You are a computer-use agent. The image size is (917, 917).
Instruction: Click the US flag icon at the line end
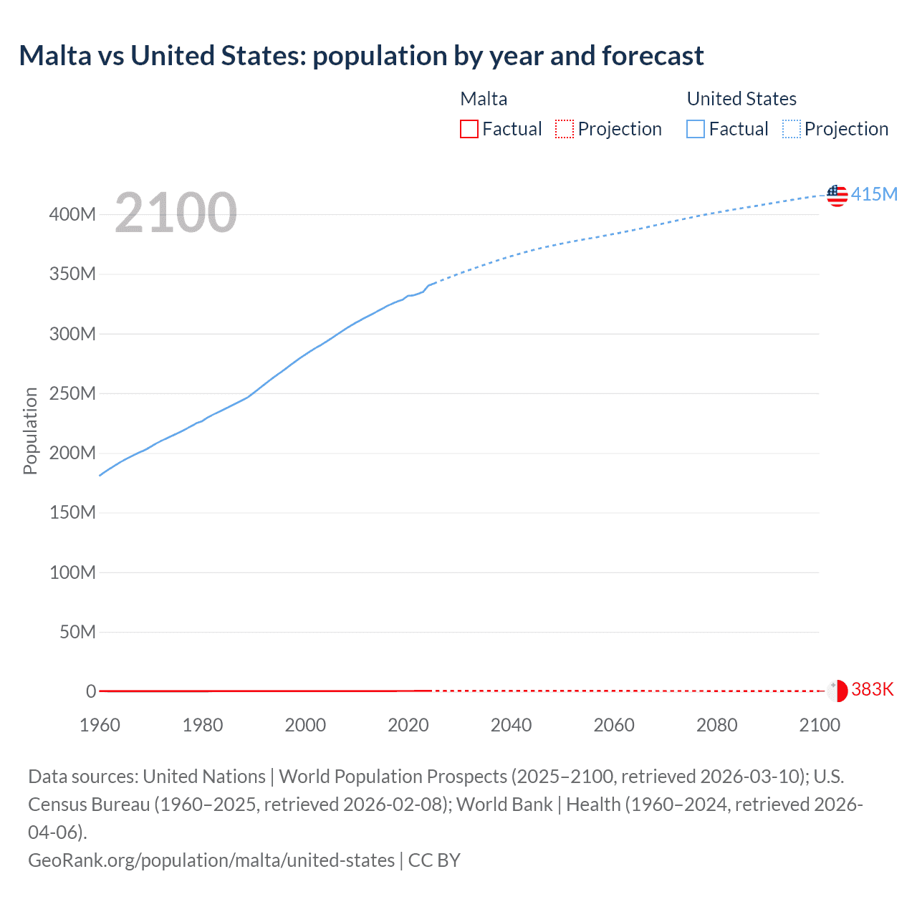click(x=837, y=195)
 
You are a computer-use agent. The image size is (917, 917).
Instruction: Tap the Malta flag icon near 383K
click(x=837, y=691)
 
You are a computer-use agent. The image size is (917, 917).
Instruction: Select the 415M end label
click(x=874, y=194)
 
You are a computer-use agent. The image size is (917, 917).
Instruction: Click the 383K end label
click(x=873, y=689)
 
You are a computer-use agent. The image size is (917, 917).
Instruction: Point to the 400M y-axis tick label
click(x=72, y=214)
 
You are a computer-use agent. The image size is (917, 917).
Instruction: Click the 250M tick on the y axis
click(x=72, y=393)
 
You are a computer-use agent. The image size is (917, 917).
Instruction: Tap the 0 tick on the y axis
click(x=91, y=691)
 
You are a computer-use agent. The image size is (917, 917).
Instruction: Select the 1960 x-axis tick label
click(x=100, y=725)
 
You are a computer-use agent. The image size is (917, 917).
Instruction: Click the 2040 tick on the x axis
click(x=511, y=725)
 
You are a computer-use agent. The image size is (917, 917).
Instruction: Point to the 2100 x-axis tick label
click(x=819, y=725)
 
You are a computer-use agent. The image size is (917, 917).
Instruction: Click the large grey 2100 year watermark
click(x=176, y=213)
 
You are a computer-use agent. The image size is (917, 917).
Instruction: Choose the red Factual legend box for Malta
click(x=469, y=129)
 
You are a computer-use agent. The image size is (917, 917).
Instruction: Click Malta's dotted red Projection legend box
click(x=565, y=129)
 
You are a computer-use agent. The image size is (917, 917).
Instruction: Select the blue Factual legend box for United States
click(x=695, y=129)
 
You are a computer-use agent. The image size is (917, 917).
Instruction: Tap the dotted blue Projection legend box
click(x=792, y=129)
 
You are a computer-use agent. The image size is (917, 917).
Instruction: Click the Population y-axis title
click(x=30, y=431)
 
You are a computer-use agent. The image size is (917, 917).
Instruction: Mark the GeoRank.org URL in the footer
click(x=211, y=860)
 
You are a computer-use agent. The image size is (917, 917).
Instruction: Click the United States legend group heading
click(x=741, y=99)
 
